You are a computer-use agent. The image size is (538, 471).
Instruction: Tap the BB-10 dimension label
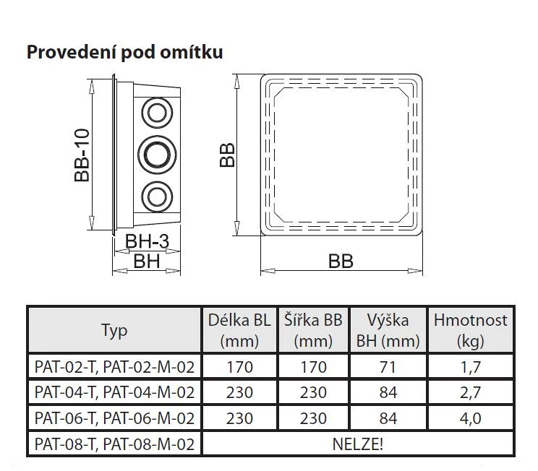coord(82,155)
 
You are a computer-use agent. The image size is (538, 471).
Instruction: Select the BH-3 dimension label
coord(147,241)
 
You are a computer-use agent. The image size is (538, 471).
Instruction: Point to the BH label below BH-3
coord(147,262)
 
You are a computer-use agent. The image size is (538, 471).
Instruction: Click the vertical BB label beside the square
coord(227,155)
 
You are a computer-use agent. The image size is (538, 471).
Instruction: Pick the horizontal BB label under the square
coord(341,262)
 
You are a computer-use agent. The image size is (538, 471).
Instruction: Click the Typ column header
coord(114,331)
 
